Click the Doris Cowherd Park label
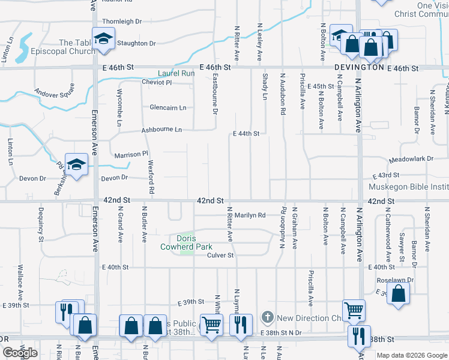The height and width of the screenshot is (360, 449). (186, 242)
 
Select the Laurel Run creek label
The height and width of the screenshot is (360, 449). (176, 73)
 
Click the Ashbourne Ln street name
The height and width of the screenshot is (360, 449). (161, 130)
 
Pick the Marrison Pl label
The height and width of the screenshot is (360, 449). (131, 154)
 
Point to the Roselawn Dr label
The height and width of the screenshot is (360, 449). (393, 280)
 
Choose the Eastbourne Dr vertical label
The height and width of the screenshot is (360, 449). (215, 94)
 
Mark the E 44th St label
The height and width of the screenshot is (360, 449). (246, 133)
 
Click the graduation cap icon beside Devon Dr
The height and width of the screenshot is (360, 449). (77, 164)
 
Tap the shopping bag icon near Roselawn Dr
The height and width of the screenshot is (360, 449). (398, 294)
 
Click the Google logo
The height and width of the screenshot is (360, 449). (20, 353)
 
